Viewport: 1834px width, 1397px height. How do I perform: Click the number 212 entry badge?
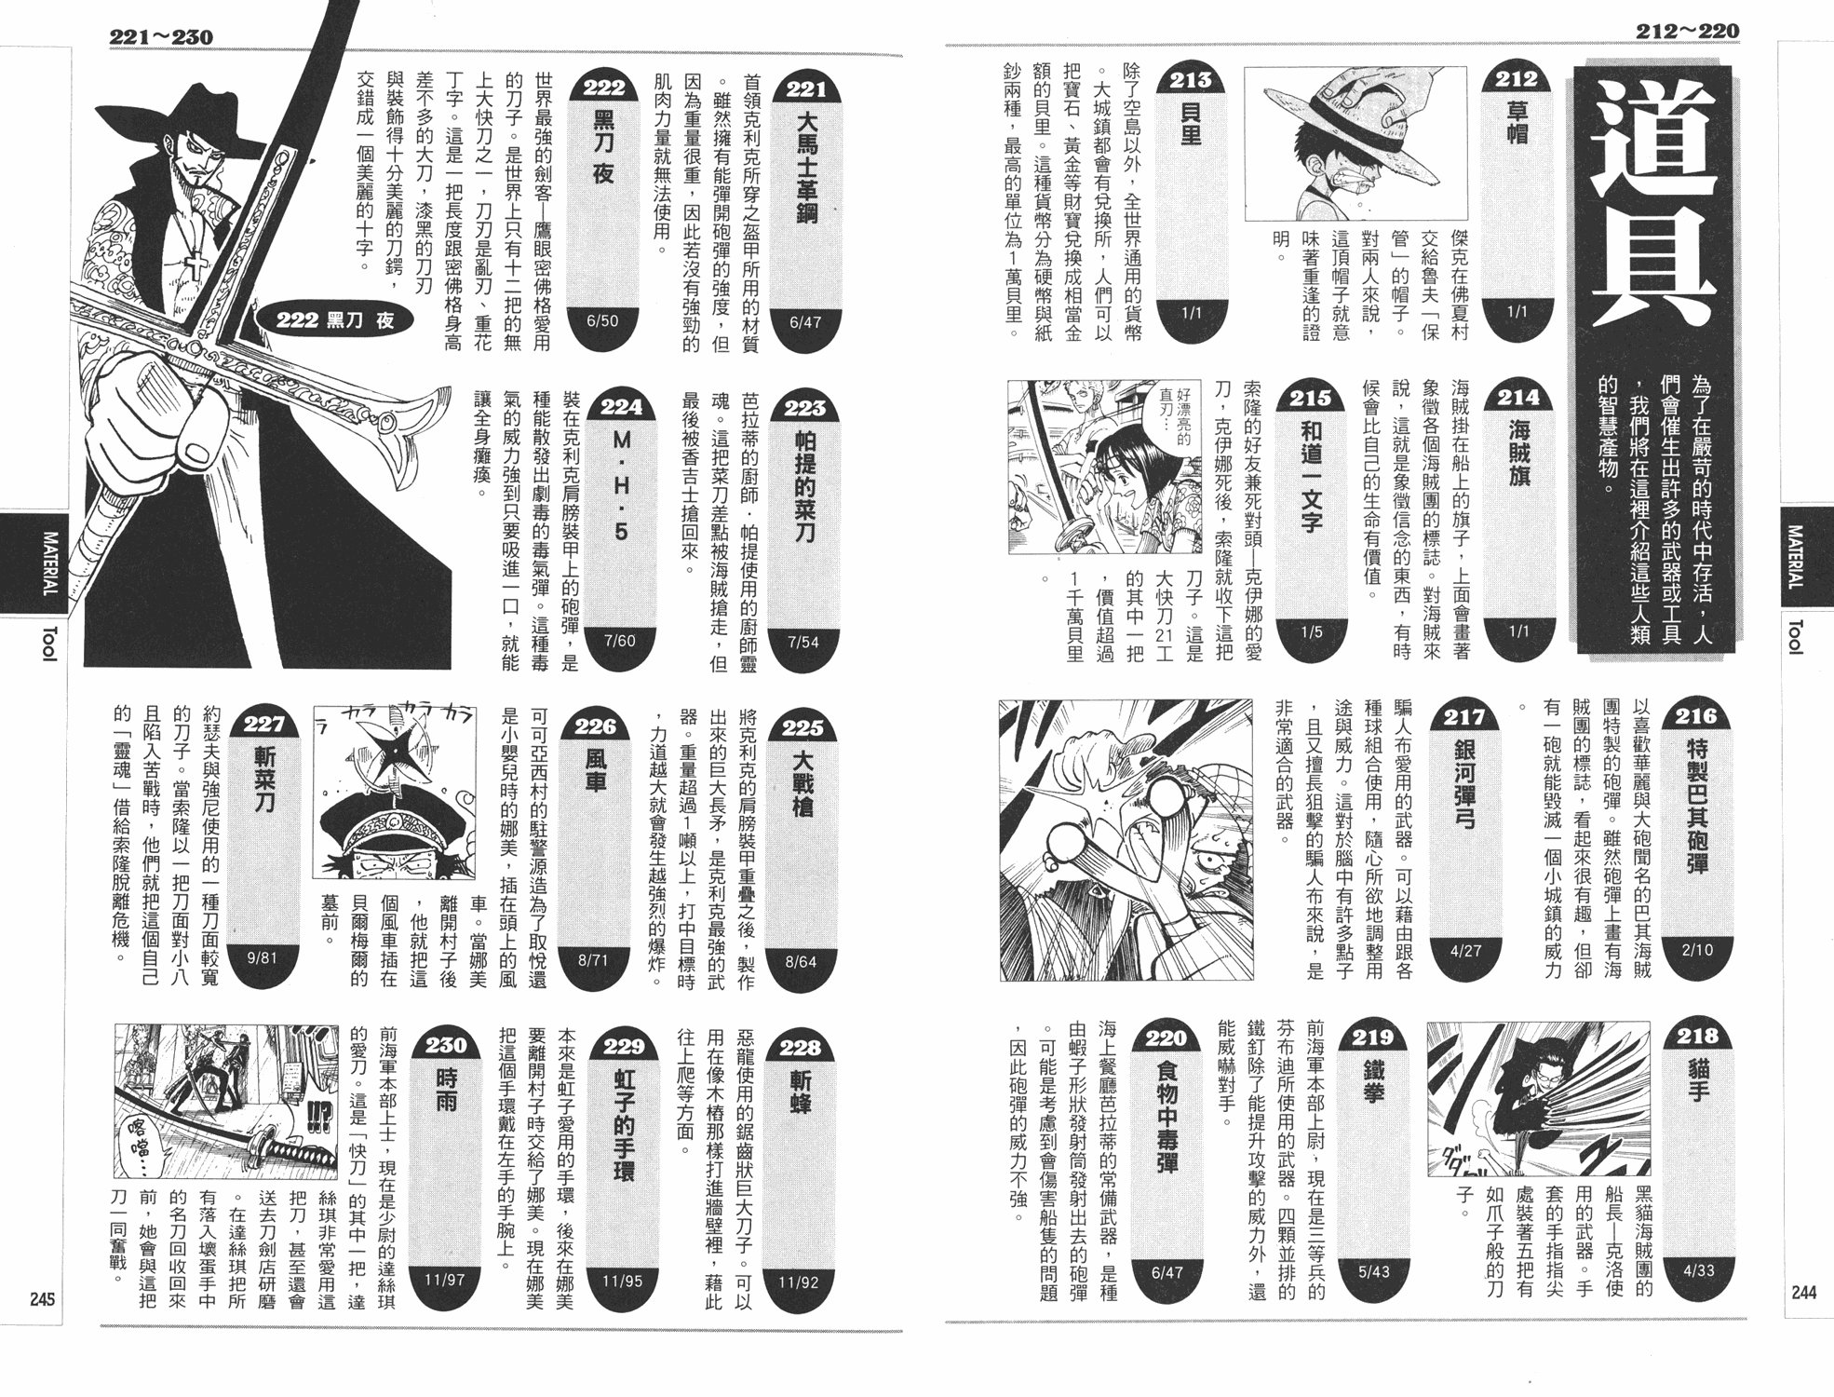[x=1517, y=80]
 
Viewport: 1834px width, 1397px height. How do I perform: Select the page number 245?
[x=42, y=1299]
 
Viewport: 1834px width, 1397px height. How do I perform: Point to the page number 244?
[x=1803, y=1292]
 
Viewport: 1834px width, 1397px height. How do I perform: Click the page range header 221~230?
[x=161, y=38]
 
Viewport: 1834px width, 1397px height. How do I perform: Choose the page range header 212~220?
[x=1687, y=32]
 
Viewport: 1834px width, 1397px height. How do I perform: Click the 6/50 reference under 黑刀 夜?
[x=602, y=321]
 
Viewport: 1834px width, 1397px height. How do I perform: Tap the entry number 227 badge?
[x=263, y=726]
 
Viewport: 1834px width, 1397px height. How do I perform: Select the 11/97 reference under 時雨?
[x=444, y=1280]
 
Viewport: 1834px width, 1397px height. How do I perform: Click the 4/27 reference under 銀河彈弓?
[x=1465, y=951]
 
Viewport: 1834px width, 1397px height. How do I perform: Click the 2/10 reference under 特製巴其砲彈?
[x=1697, y=950]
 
